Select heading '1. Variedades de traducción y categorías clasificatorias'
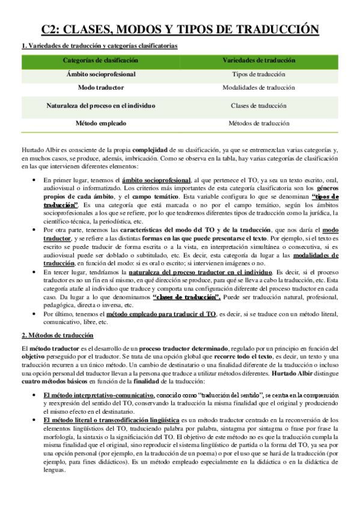point(99,46)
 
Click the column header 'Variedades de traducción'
point(258,60)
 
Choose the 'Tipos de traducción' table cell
point(258,74)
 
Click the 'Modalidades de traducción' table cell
point(258,88)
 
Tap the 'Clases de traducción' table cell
point(258,105)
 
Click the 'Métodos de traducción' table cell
point(258,123)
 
